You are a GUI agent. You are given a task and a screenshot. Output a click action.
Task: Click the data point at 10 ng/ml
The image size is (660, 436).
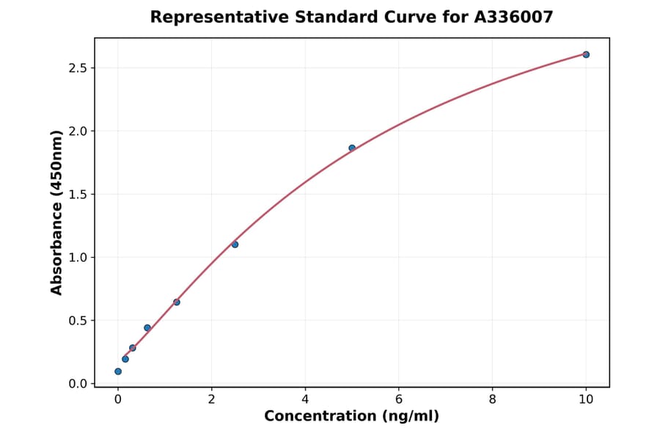tap(586, 54)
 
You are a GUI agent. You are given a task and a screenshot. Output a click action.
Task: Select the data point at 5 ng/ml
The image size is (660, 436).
tap(352, 148)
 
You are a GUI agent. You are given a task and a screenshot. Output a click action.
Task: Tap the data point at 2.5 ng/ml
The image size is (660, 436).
tap(235, 244)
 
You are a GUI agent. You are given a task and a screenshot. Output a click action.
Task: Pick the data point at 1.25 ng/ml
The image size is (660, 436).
tap(177, 302)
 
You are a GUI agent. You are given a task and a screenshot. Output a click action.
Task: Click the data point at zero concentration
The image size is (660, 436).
tap(118, 371)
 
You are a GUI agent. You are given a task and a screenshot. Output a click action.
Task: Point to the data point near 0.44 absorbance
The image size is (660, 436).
tap(147, 328)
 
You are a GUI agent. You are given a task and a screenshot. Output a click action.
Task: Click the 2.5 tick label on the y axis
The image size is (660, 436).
tap(78, 68)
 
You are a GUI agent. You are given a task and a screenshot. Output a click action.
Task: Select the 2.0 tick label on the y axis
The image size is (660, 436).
tap(78, 131)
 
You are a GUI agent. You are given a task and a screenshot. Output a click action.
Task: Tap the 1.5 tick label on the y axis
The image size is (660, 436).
tap(78, 195)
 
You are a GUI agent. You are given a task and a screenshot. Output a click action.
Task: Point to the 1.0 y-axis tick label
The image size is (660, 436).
tap(78, 258)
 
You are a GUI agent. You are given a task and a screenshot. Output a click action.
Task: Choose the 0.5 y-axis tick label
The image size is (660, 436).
tap(78, 321)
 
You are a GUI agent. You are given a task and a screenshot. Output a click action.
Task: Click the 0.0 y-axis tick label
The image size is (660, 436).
tap(78, 384)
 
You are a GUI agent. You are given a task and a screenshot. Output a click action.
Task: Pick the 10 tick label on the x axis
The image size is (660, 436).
tap(586, 399)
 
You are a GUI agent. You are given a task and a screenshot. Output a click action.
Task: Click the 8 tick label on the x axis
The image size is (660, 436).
tap(492, 399)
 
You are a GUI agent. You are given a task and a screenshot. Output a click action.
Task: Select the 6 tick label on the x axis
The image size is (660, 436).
tap(398, 399)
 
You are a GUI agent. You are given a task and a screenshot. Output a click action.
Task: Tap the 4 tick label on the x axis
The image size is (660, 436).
tap(305, 399)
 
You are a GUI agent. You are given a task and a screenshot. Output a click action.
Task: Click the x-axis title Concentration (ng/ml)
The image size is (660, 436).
tap(351, 417)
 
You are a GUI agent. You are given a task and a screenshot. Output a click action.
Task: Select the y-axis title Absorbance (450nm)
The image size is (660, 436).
tap(56, 213)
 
